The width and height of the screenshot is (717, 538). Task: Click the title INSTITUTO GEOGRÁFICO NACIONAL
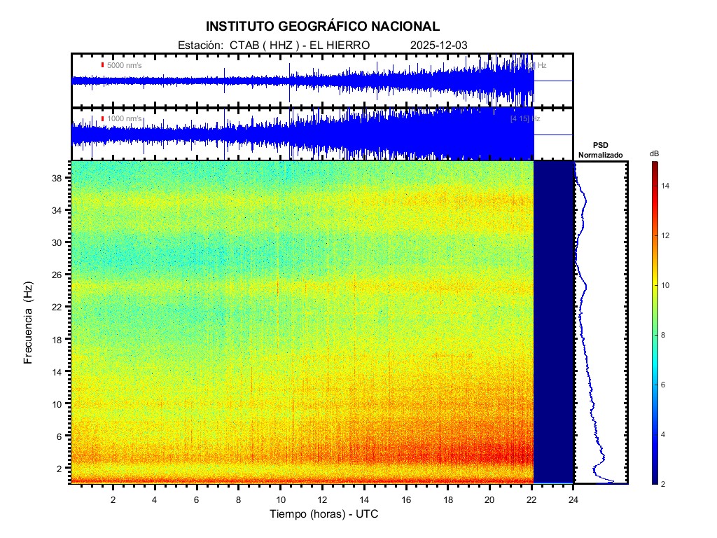coord(322,27)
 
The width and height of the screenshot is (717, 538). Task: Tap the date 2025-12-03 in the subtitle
coord(439,46)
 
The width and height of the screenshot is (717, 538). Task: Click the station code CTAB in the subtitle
coord(242,46)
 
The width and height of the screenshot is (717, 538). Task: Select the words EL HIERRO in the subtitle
coord(335,46)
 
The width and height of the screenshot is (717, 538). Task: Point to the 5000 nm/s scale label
coord(124,65)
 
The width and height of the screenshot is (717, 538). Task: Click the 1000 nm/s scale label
coord(124,119)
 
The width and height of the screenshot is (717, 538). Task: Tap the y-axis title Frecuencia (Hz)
coord(29,323)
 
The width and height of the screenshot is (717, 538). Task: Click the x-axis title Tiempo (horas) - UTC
coord(325,514)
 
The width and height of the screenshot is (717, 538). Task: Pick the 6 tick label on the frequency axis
coord(61,436)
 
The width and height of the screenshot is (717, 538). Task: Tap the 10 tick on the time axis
coord(280,499)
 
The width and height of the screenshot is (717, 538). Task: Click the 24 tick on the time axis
coord(573,499)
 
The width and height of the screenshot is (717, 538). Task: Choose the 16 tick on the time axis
coord(406,499)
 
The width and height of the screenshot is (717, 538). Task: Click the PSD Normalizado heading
coord(600,149)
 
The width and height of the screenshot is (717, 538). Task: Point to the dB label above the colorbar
coord(654,153)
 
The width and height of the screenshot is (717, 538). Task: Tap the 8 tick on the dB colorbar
coord(665,336)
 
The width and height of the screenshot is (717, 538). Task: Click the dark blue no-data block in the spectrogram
coord(554,322)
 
